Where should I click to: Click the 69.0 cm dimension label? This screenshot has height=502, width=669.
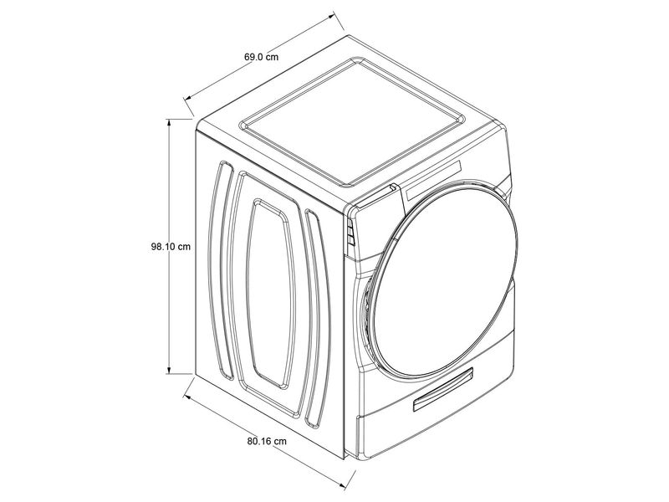point(262,57)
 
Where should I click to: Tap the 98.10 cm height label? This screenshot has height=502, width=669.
point(171,247)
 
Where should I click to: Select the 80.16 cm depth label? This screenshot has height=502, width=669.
point(267,441)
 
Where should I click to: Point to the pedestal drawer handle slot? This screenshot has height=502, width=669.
point(443,389)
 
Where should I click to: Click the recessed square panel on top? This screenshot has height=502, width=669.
point(353,121)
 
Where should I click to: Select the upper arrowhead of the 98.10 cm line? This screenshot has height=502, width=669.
point(169,122)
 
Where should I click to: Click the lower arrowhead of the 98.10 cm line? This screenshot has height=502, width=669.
point(169,370)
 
